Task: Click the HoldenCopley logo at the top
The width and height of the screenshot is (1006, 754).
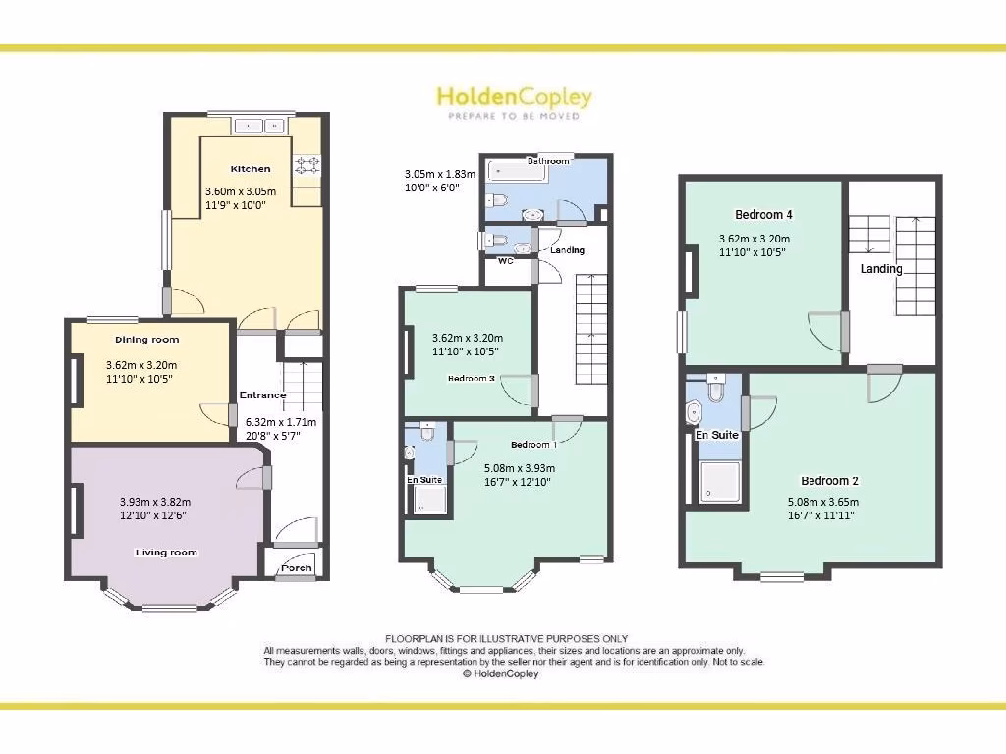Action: pyautogui.click(x=514, y=101)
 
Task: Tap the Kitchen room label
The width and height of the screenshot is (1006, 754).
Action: pyautogui.click(x=251, y=169)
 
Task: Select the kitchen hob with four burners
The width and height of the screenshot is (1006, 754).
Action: pyautogui.click(x=307, y=164)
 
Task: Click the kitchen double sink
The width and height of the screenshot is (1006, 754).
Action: pyautogui.click(x=260, y=126)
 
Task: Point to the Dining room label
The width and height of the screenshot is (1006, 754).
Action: pyautogui.click(x=147, y=340)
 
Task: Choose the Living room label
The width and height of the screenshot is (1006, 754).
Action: pyautogui.click(x=166, y=553)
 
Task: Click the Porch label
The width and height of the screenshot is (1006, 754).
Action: pyautogui.click(x=296, y=567)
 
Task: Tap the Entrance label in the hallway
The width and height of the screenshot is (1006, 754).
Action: pyautogui.click(x=262, y=396)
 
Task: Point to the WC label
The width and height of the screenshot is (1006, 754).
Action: pyautogui.click(x=505, y=261)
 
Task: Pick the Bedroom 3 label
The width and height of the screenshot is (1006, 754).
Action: pyautogui.click(x=469, y=378)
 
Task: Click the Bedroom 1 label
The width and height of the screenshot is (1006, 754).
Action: pyautogui.click(x=533, y=445)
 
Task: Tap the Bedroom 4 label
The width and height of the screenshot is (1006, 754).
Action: pyautogui.click(x=763, y=215)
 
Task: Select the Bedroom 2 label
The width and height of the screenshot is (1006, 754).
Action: pyautogui.click(x=829, y=481)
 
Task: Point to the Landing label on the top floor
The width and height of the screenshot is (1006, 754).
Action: pyautogui.click(x=881, y=269)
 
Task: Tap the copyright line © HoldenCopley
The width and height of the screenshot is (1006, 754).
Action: pyautogui.click(x=500, y=673)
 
